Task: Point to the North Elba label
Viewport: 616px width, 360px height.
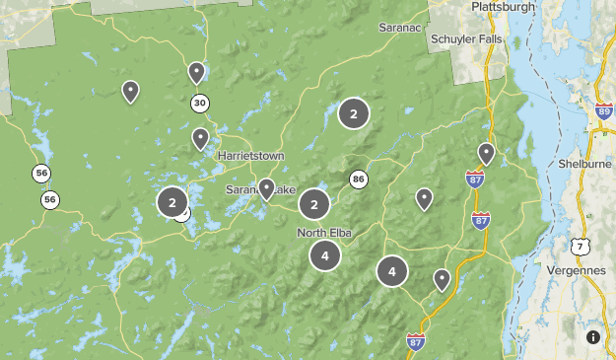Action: (324, 233)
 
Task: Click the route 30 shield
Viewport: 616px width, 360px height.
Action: (200, 103)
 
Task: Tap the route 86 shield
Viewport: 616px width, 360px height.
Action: (358, 180)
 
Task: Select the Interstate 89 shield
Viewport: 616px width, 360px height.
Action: (603, 113)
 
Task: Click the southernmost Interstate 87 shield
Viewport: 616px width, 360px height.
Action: (416, 341)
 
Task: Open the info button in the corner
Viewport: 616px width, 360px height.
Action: (592, 336)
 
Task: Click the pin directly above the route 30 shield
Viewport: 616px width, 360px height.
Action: (196, 72)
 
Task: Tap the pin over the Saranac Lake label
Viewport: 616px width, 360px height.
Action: (266, 188)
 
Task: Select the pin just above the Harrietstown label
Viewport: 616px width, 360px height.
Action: (200, 138)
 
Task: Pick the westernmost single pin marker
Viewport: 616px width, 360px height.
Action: (130, 92)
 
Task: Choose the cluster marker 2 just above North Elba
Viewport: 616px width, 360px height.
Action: (313, 204)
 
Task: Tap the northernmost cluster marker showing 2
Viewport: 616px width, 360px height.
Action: (353, 114)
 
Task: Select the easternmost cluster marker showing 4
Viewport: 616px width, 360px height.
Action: (392, 271)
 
